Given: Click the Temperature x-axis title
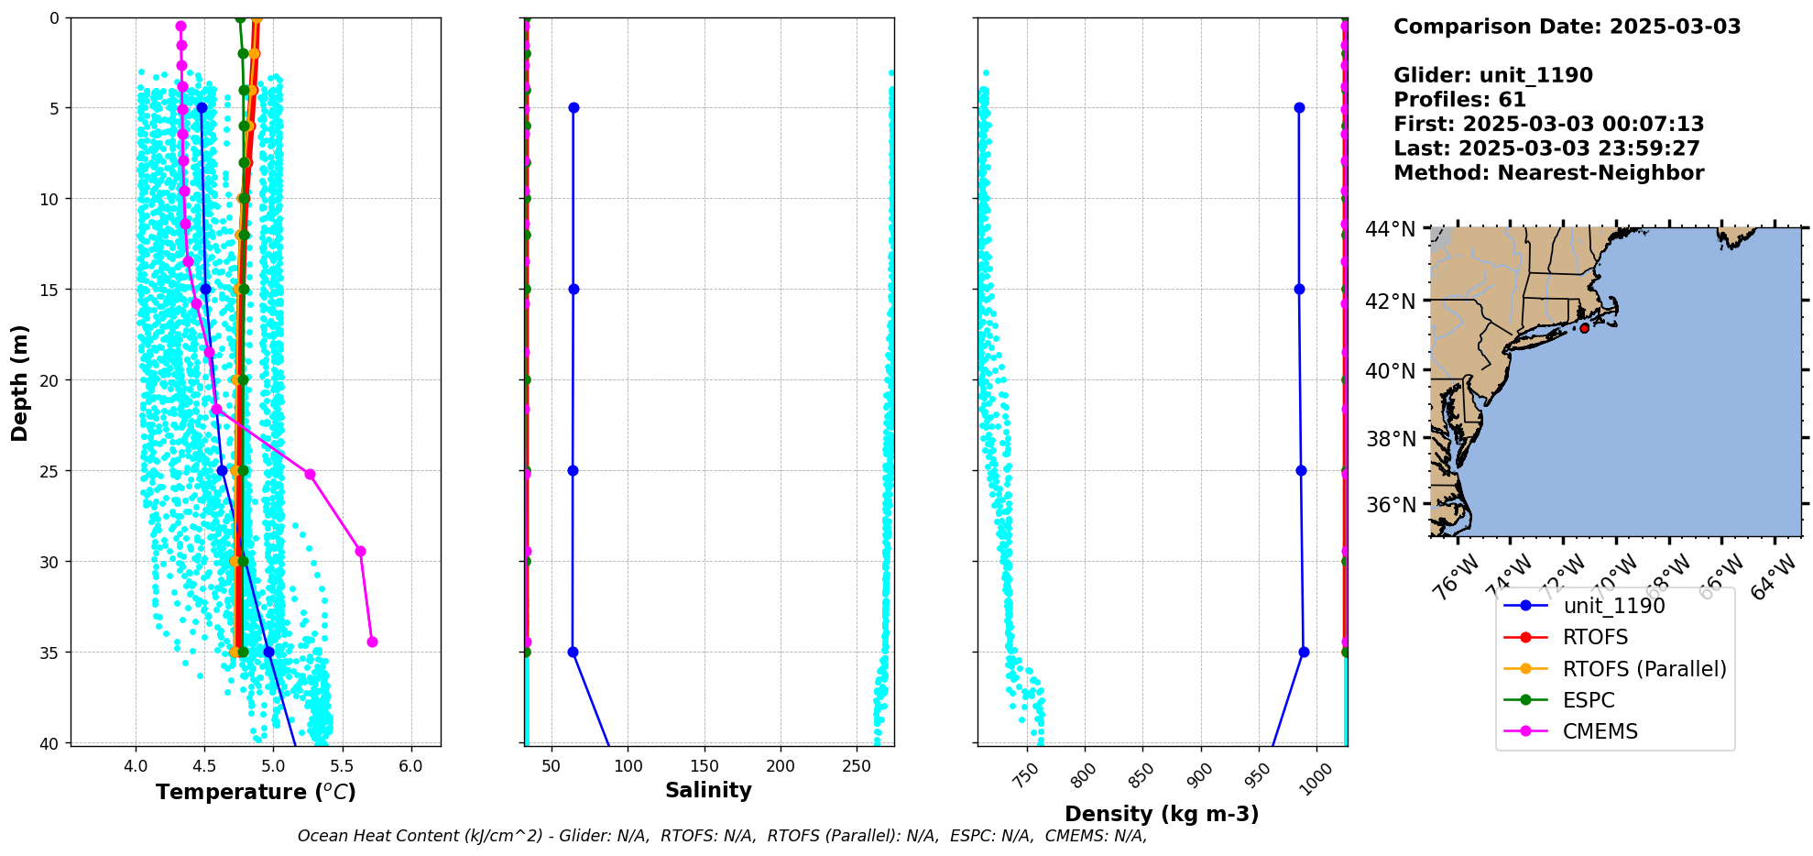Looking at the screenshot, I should tap(256, 792).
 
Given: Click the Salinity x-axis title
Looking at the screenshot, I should tap(708, 790).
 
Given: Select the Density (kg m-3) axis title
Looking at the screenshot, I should tap(1162, 814).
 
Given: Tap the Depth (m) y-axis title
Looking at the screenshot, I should tap(20, 382).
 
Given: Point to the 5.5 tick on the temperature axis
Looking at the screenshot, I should tap(343, 765).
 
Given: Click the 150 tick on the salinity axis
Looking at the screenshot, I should tap(704, 765).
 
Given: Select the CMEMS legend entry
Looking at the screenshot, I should tap(1600, 731).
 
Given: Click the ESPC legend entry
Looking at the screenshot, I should tap(1589, 700).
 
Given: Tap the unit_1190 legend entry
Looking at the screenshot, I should tap(1613, 606).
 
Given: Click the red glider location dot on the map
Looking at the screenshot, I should tap(1584, 328).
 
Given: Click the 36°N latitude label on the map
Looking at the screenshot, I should tap(1390, 505).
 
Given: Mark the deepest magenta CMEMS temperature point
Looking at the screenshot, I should tap(372, 642).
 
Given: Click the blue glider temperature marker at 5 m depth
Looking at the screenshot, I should tap(202, 108).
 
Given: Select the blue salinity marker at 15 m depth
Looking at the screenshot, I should tap(573, 289).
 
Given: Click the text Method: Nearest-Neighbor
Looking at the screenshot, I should tap(1548, 173).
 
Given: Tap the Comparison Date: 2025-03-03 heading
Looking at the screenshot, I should tap(1567, 27).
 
